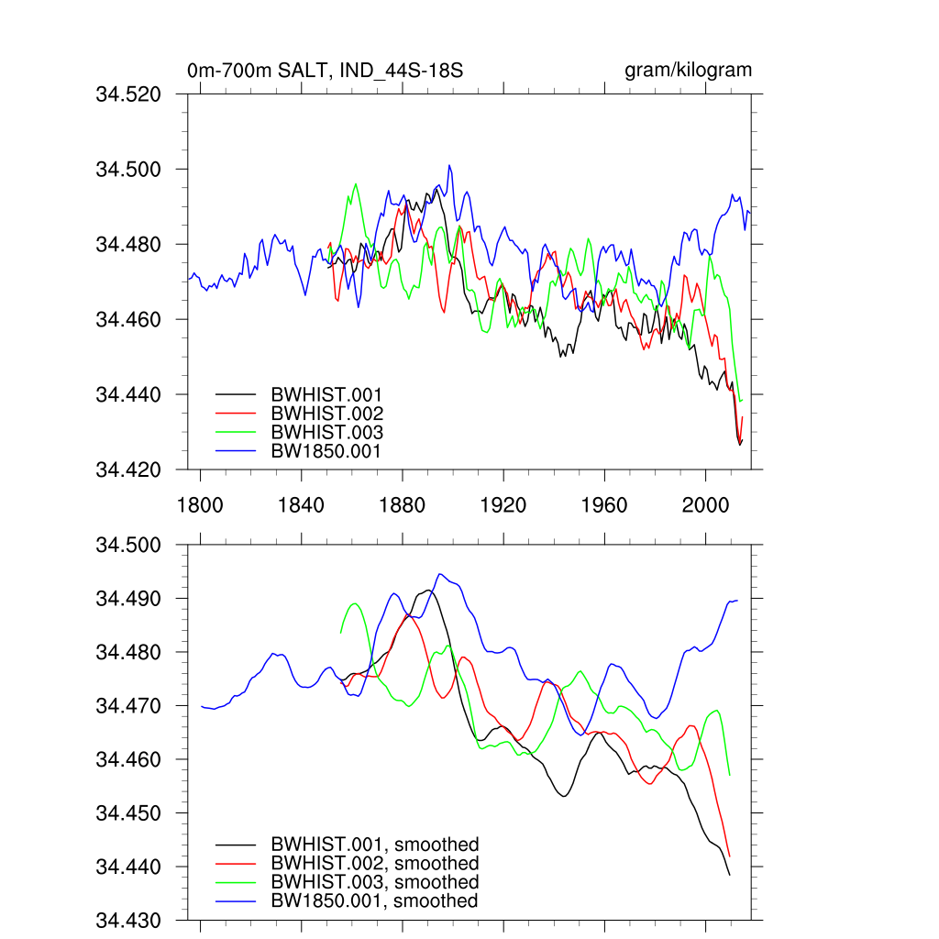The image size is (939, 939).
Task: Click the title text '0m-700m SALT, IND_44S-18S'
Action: pos(318,71)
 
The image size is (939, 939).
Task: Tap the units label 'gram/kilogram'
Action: pos(688,71)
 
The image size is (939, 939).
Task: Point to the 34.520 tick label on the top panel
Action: pos(136,94)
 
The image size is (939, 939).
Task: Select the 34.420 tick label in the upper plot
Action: pos(136,470)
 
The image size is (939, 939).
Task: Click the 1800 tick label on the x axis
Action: pos(199,505)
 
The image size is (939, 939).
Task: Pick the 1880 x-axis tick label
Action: pos(402,505)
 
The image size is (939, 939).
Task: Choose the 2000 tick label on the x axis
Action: pos(705,505)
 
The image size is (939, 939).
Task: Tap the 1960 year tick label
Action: pos(604,505)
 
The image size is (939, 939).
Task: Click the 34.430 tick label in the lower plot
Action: pos(136,921)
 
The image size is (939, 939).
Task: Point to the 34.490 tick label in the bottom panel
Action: pos(136,599)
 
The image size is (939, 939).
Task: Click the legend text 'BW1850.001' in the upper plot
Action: pos(326,451)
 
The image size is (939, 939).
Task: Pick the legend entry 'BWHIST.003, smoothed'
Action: pos(374,882)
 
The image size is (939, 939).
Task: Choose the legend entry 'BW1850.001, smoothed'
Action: pos(374,901)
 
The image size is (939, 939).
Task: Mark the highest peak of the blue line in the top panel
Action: pos(449,166)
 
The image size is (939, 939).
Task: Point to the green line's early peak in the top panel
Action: pos(356,183)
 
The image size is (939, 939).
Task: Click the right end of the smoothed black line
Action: pos(730,875)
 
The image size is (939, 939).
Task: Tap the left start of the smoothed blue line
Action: pos(201,706)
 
